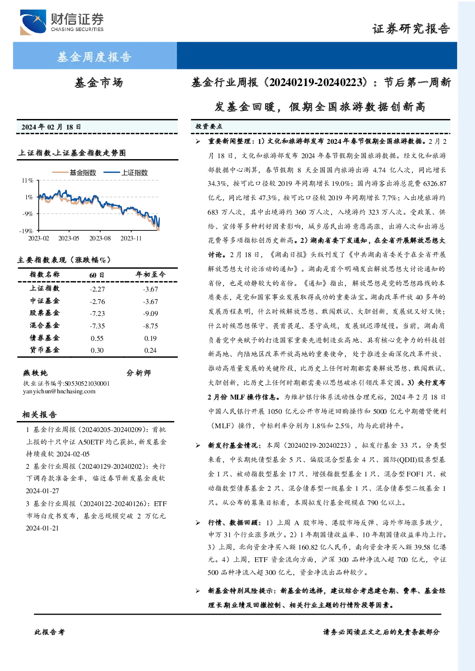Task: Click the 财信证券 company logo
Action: pyautogui.click(x=62, y=22)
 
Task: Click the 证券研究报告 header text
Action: pyautogui.click(x=411, y=29)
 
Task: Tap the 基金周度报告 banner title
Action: pyautogui.click(x=94, y=56)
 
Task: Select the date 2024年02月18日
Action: pyautogui.click(x=51, y=127)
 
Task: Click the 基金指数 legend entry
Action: pyautogui.click(x=74, y=173)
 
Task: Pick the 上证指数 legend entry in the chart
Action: pyautogui.click(x=126, y=173)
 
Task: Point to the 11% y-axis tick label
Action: pyautogui.click(x=27, y=180)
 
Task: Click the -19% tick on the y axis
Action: pyautogui.click(x=26, y=231)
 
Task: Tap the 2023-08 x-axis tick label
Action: pyautogui.click(x=100, y=238)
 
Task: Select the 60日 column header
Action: pyautogui.click(x=97, y=275)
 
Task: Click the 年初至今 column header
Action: pyautogui.click(x=150, y=274)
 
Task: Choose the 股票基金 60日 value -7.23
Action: pyautogui.click(x=97, y=314)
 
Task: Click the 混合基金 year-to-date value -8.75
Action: pyautogui.click(x=150, y=326)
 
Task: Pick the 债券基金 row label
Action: pyautogui.click(x=44, y=337)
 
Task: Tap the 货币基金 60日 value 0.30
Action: pyautogui.click(x=97, y=350)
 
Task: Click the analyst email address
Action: pyautogui.click(x=59, y=391)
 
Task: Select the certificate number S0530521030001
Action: pyautogui.click(x=87, y=383)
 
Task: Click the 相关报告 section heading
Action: pyautogui.click(x=39, y=414)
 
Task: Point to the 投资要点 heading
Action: pyautogui.click(x=209, y=127)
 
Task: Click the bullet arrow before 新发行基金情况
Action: pyautogui.click(x=198, y=445)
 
